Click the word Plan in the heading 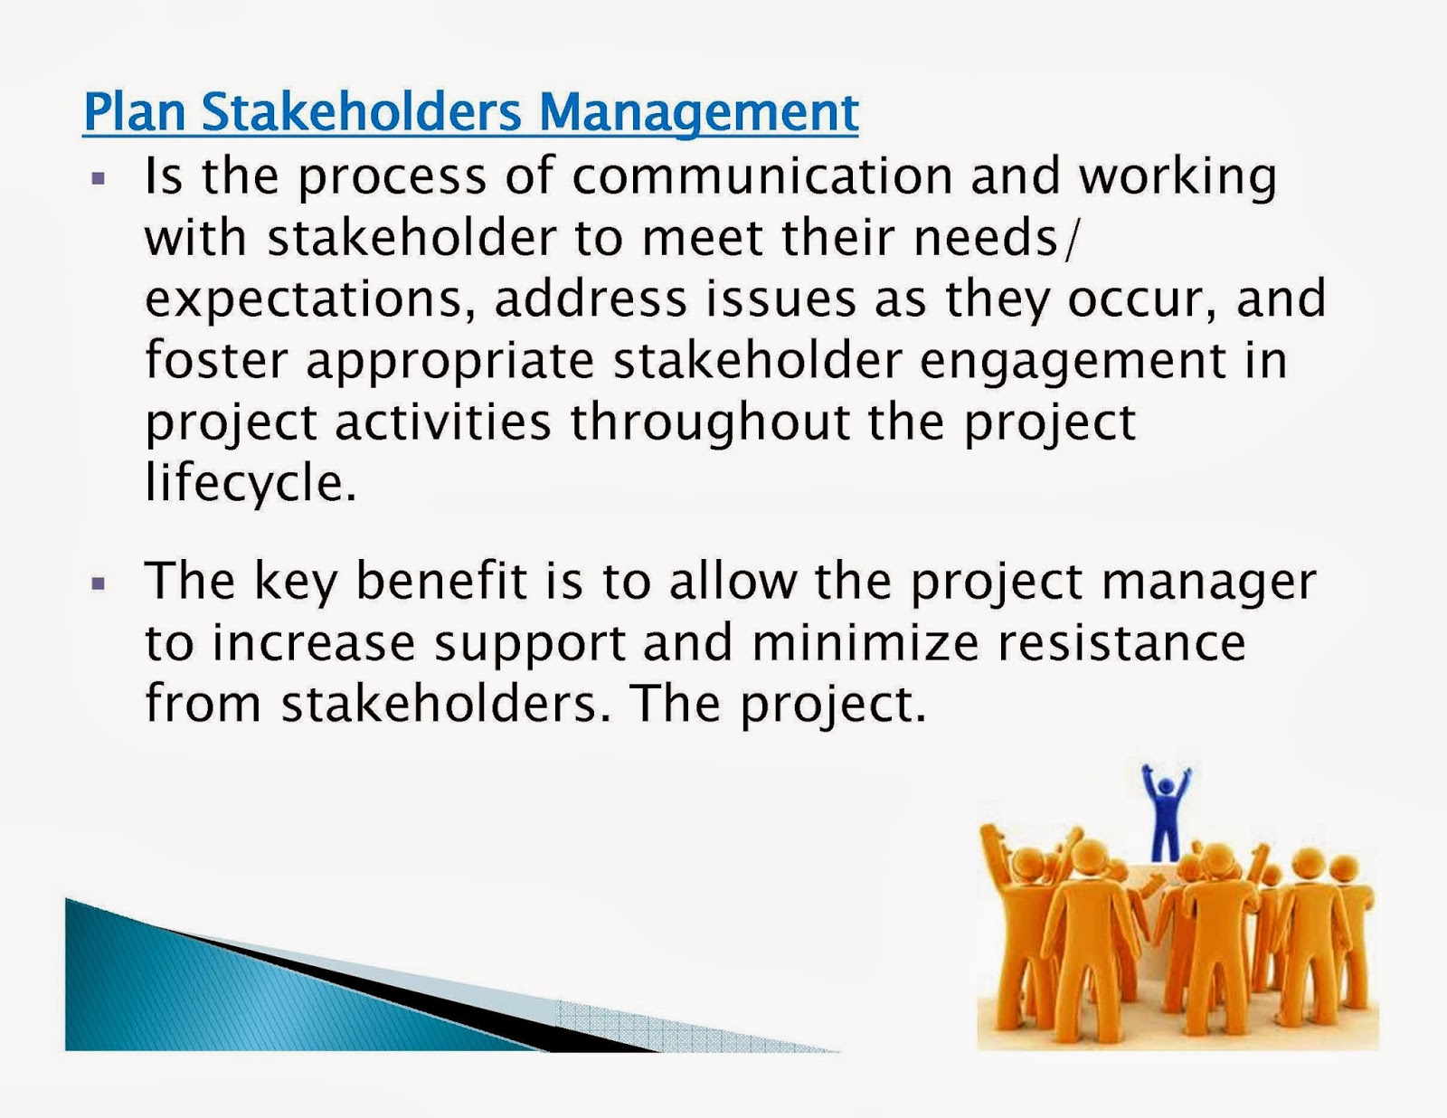click(x=134, y=112)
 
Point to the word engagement click(x=1072, y=361)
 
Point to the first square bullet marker click(x=99, y=177)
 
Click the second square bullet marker click(x=99, y=583)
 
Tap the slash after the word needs click(x=1073, y=238)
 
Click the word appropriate click(x=449, y=361)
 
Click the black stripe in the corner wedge click(x=407, y=995)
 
